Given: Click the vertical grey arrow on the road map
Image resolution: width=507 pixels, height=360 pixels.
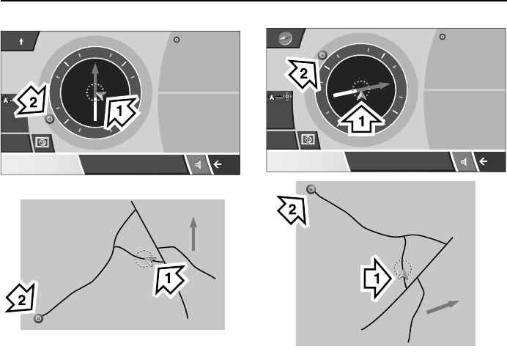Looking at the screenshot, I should pyautogui.click(x=193, y=232).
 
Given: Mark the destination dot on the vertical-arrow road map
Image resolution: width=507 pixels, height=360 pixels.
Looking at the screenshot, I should pyautogui.click(x=40, y=318).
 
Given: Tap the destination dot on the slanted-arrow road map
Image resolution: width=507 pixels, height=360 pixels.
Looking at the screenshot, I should pyautogui.click(x=311, y=189).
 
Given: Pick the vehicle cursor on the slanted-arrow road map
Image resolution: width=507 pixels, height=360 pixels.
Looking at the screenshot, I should pyautogui.click(x=401, y=271).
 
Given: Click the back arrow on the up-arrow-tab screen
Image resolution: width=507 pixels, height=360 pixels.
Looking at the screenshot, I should pyautogui.click(x=217, y=165).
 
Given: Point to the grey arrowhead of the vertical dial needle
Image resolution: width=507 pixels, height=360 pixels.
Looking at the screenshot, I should pyautogui.click(x=95, y=72).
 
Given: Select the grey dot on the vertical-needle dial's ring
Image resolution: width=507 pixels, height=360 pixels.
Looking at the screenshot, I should pyautogui.click(x=50, y=118).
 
